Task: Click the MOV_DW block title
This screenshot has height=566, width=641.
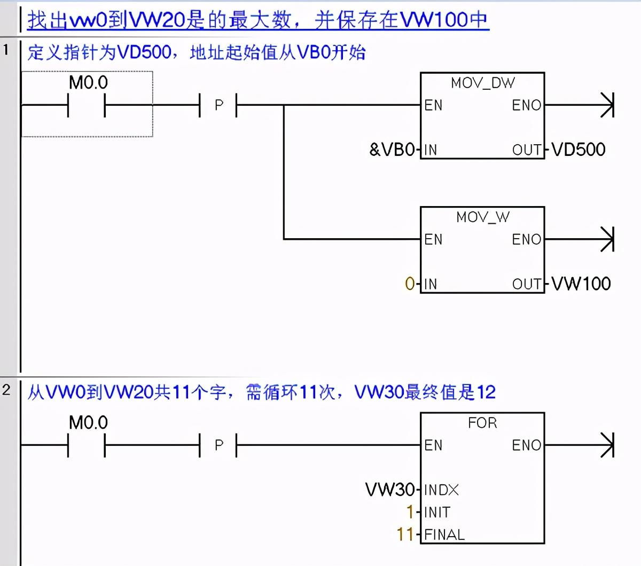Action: click(482, 83)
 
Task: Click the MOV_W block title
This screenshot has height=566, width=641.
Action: click(482, 217)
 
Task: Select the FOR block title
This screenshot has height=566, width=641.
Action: click(482, 423)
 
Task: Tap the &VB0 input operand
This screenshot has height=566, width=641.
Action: click(392, 150)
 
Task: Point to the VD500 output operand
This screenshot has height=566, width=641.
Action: click(579, 150)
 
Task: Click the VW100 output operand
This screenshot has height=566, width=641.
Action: click(581, 284)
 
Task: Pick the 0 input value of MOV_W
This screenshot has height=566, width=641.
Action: click(410, 284)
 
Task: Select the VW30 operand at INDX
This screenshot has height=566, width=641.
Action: click(390, 489)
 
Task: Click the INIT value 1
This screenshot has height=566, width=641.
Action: click(410, 512)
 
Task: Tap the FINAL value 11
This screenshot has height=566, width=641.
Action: click(405, 534)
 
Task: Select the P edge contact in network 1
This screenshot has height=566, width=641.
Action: click(218, 105)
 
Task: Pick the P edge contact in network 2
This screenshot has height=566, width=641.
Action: click(218, 445)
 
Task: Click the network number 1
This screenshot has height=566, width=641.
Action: click(6, 50)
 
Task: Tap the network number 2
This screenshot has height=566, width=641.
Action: click(6, 390)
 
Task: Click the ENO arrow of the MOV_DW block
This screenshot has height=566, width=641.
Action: click(607, 105)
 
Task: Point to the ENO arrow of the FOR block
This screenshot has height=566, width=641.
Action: click(607, 445)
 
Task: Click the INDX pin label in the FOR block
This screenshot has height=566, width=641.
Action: click(441, 490)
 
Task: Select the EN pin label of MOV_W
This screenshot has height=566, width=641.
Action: click(433, 239)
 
